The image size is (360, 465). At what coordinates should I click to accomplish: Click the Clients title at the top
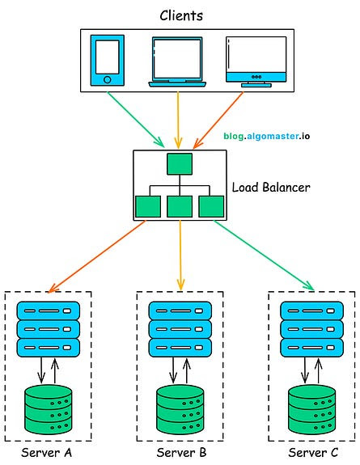tap(181, 15)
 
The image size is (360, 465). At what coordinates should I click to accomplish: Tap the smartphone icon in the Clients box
tap(107, 60)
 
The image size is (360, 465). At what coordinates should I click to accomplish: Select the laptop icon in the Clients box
tap(177, 61)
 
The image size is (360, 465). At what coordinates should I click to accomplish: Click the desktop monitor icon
tap(256, 61)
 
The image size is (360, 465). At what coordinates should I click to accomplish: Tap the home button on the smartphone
tap(108, 79)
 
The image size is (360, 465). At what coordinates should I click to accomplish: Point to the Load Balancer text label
tap(271, 188)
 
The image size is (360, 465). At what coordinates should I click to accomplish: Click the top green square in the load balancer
tap(180, 163)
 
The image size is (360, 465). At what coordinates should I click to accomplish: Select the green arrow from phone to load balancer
tap(136, 120)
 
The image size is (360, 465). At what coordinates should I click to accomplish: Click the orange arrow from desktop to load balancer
tap(218, 120)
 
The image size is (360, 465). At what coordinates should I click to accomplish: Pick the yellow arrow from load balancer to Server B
tap(180, 255)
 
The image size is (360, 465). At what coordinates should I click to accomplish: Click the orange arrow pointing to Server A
tap(97, 256)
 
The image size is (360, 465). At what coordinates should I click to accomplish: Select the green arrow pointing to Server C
tap(264, 256)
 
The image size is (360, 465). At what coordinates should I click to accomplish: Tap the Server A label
tap(47, 453)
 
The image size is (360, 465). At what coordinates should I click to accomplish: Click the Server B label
tap(181, 453)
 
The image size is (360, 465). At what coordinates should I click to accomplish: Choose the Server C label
tap(313, 453)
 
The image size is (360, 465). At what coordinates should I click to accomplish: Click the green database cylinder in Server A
tap(48, 409)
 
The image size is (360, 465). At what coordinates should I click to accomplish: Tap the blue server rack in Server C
tap(312, 329)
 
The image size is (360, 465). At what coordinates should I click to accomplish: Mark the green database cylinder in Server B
tap(180, 409)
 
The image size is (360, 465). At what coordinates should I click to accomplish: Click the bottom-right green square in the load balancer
tap(211, 206)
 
